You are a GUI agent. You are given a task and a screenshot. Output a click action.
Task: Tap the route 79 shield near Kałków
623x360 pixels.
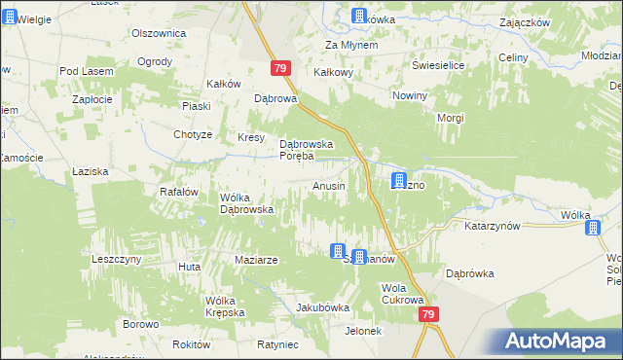280,68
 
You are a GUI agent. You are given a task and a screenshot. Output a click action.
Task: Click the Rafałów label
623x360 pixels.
179,192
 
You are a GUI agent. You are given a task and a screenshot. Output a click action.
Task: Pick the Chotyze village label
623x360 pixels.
193,134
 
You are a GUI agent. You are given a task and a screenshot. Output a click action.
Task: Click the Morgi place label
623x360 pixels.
450,118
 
